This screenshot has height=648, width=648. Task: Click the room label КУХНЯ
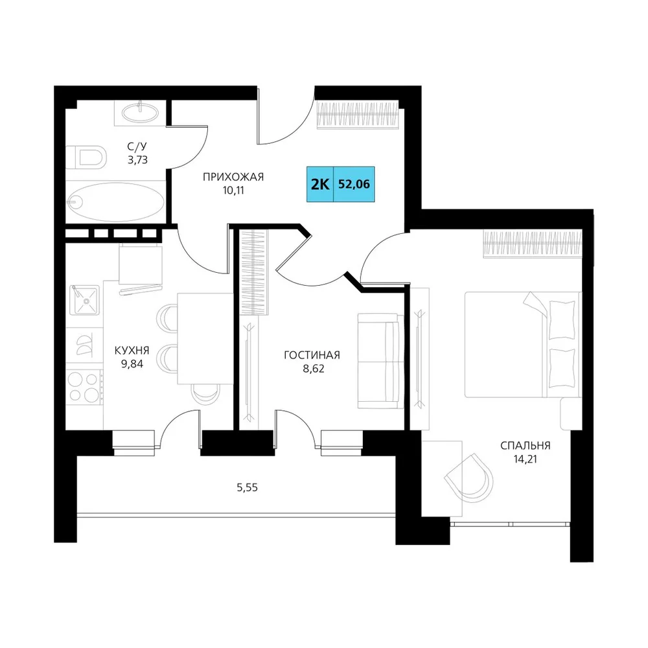(132, 351)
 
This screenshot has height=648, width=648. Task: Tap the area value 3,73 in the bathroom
(137, 159)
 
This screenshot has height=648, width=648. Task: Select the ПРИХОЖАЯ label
(233, 178)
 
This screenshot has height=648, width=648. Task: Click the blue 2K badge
(320, 184)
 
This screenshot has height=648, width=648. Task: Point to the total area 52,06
(354, 184)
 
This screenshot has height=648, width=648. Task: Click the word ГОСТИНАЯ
(312, 355)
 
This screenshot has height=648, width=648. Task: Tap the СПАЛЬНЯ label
(526, 446)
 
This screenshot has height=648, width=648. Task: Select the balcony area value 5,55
(247, 488)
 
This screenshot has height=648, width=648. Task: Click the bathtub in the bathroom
(115, 202)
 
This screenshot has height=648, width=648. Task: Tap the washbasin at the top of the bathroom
(141, 112)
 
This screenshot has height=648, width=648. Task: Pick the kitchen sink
(85, 300)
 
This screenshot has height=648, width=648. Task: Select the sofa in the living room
(380, 361)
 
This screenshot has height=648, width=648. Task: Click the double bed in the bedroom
(523, 345)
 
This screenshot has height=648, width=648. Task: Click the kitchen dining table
(205, 338)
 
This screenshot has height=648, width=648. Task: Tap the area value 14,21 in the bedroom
(526, 459)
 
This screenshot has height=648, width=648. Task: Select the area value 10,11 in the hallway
(233, 191)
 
